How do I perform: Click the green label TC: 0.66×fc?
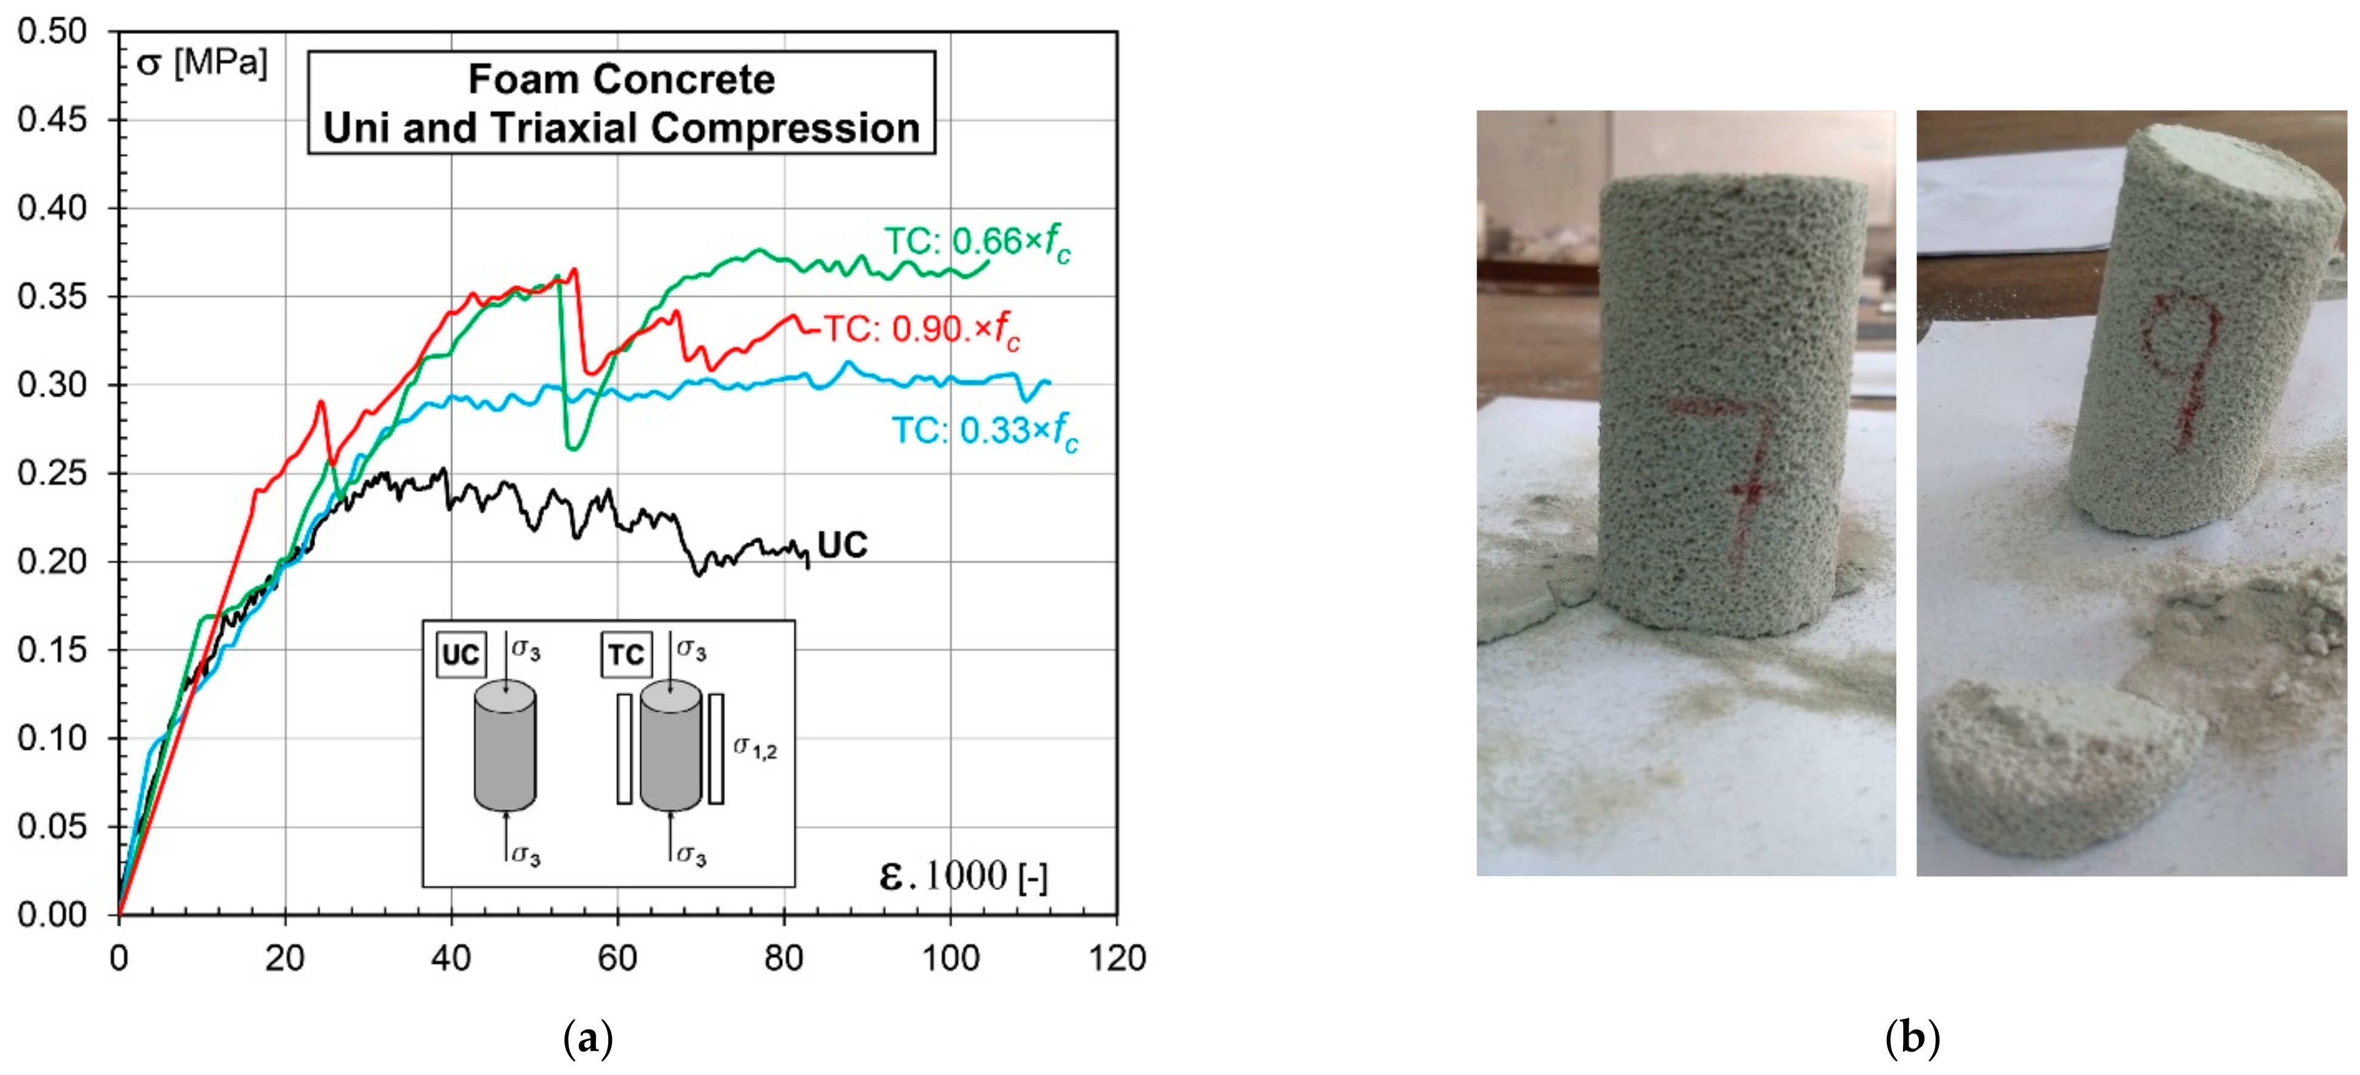point(976,243)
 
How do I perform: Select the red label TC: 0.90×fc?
point(921,329)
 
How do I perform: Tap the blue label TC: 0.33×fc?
point(985,430)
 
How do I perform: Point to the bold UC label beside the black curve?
point(842,545)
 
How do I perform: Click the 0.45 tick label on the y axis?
point(52,119)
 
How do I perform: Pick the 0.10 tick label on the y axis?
point(52,738)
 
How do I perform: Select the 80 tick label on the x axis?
point(783,959)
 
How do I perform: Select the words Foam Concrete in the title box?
point(621,80)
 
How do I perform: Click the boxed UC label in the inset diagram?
point(460,654)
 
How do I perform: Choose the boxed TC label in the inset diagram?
point(626,654)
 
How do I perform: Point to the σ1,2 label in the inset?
point(755,748)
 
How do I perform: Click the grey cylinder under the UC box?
point(505,747)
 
